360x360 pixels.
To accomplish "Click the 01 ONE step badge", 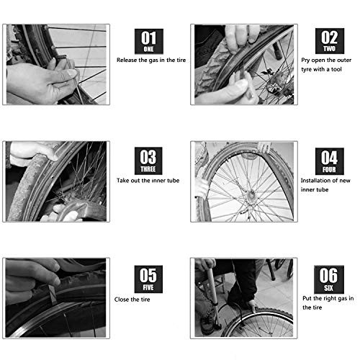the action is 149,41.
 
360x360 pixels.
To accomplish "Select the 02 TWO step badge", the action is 330,41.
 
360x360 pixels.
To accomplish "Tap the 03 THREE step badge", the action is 148,161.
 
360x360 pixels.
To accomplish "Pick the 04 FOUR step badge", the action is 329,161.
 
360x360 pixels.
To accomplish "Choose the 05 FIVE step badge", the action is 148,279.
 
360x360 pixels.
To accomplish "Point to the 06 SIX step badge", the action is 329,279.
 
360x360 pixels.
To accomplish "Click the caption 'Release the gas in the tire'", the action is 151,60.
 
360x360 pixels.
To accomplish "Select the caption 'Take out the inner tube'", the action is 148,181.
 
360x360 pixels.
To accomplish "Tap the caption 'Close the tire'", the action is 132,300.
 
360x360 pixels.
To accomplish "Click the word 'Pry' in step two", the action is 305,60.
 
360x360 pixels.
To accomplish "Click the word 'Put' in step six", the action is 307,298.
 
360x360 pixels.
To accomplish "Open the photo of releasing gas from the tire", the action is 56,64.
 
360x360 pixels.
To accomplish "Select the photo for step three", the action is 56,181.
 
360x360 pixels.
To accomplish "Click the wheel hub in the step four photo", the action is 251,194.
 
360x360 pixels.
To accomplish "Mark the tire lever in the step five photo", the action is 52,294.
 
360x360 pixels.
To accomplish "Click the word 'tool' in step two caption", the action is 336,69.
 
